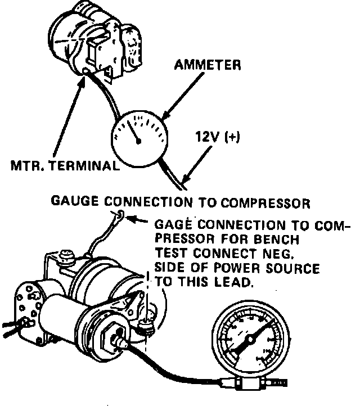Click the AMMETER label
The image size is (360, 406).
pyautogui.click(x=208, y=65)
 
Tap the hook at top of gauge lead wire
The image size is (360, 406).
pyautogui.click(x=120, y=214)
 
